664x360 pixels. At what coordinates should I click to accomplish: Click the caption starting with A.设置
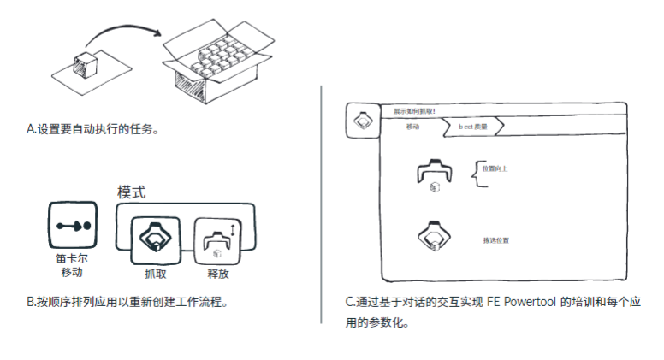93,129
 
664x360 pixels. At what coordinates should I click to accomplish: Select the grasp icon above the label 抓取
154,239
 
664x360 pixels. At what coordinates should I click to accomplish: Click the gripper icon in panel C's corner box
361,121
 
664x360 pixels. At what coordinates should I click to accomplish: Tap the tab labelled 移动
413,127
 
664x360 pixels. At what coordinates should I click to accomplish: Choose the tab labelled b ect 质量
473,127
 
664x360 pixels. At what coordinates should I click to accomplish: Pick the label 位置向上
495,168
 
